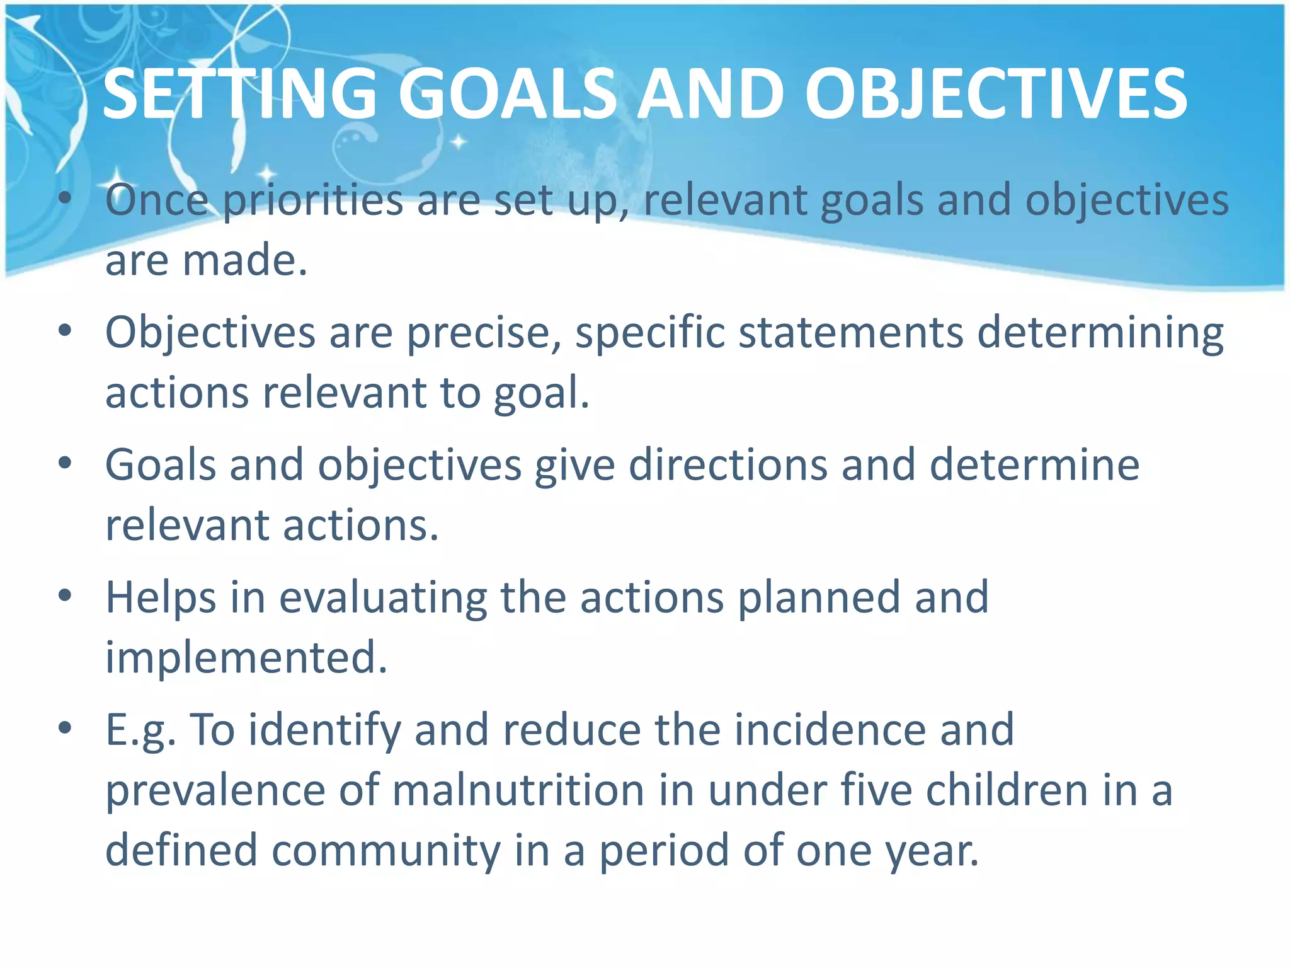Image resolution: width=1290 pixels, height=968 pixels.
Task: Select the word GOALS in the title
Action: pyautogui.click(x=507, y=95)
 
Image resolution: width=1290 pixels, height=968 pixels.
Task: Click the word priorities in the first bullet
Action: pyautogui.click(x=313, y=200)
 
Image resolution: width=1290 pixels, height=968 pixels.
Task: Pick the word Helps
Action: pyautogui.click(x=161, y=597)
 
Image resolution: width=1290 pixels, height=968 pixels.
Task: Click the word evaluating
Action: pyautogui.click(x=383, y=597)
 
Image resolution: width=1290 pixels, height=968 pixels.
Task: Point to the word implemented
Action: pyautogui.click(x=246, y=657)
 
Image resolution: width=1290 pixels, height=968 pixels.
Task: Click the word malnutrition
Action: pyautogui.click(x=518, y=790)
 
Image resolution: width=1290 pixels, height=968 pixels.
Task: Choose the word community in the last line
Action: pyautogui.click(x=385, y=850)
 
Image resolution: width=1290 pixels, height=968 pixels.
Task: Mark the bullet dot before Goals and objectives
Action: pyautogui.click(x=64, y=464)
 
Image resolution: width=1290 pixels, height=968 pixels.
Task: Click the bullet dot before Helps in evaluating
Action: pyautogui.click(x=64, y=596)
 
